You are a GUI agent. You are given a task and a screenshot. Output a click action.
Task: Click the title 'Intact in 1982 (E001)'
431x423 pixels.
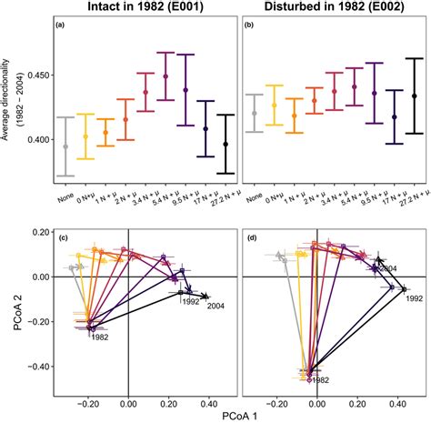click(x=134, y=8)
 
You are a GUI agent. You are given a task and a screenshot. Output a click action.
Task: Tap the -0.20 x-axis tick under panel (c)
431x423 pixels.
click(x=87, y=398)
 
